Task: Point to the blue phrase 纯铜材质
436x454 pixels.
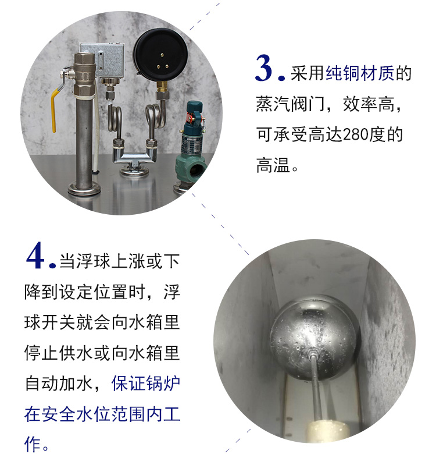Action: click(x=360, y=73)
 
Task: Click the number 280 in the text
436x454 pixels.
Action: click(x=358, y=134)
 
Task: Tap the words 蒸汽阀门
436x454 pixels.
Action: click(x=290, y=104)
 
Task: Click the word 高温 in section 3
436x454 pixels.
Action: click(x=273, y=165)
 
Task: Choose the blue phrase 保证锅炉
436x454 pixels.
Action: click(x=146, y=384)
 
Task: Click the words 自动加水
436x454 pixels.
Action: click(x=59, y=384)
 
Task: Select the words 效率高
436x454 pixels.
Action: click(x=369, y=104)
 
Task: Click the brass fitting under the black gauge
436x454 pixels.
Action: click(x=162, y=86)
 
